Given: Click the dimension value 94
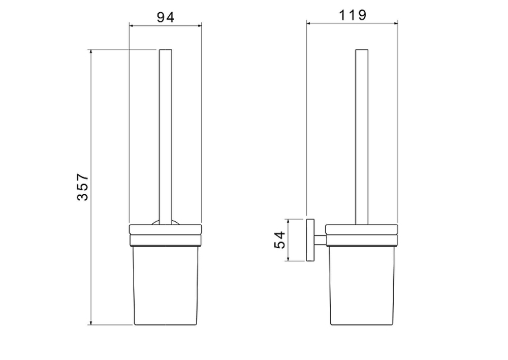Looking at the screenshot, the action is click(165, 17).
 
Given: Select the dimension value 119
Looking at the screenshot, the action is click(353, 15).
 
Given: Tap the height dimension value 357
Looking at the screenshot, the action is click(83, 187).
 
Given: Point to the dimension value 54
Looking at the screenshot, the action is click(279, 239).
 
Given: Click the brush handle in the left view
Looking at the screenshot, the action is click(166, 137).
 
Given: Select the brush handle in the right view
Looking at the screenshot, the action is click(362, 137).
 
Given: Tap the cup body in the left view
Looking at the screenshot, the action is click(166, 285).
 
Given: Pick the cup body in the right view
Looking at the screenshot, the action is click(362, 285).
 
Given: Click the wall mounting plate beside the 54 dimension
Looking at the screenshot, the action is click(310, 240).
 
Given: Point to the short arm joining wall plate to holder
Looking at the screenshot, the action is click(320, 240).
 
